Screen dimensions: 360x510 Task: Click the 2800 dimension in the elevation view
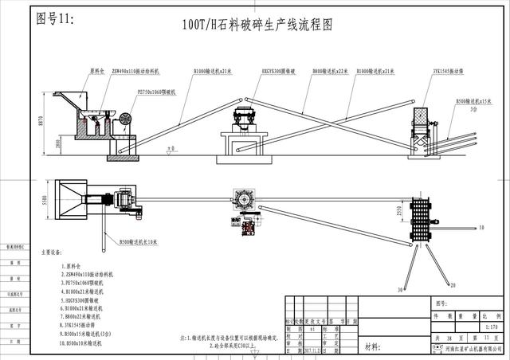tap(57, 143)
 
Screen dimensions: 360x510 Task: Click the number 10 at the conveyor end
tap(482, 228)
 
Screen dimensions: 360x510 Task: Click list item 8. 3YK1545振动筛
tap(83, 325)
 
